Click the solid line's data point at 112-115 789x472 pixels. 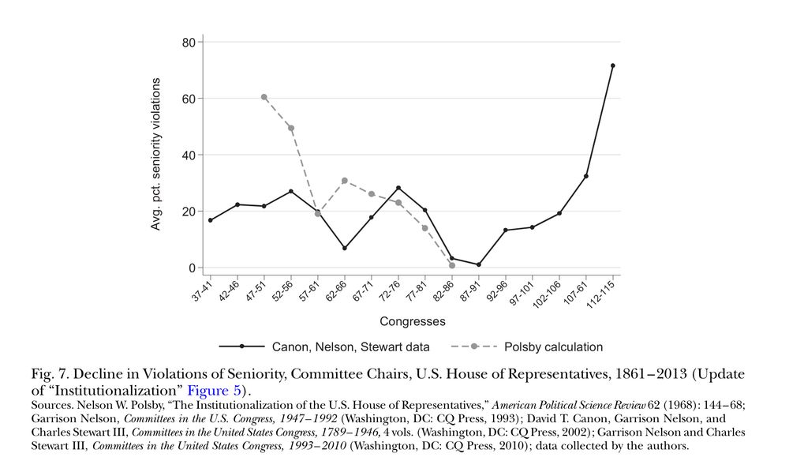point(612,66)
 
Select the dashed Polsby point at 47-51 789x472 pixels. point(264,97)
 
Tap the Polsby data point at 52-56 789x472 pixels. point(291,128)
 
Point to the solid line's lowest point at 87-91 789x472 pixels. point(479,264)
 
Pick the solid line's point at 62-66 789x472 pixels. point(345,248)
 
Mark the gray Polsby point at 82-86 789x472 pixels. point(452,265)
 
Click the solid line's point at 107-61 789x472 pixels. point(585,176)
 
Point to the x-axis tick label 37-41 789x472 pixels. point(203,293)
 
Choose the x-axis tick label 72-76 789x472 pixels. point(391,293)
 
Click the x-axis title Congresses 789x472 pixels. point(412,321)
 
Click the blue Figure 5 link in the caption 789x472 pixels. point(211,389)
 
